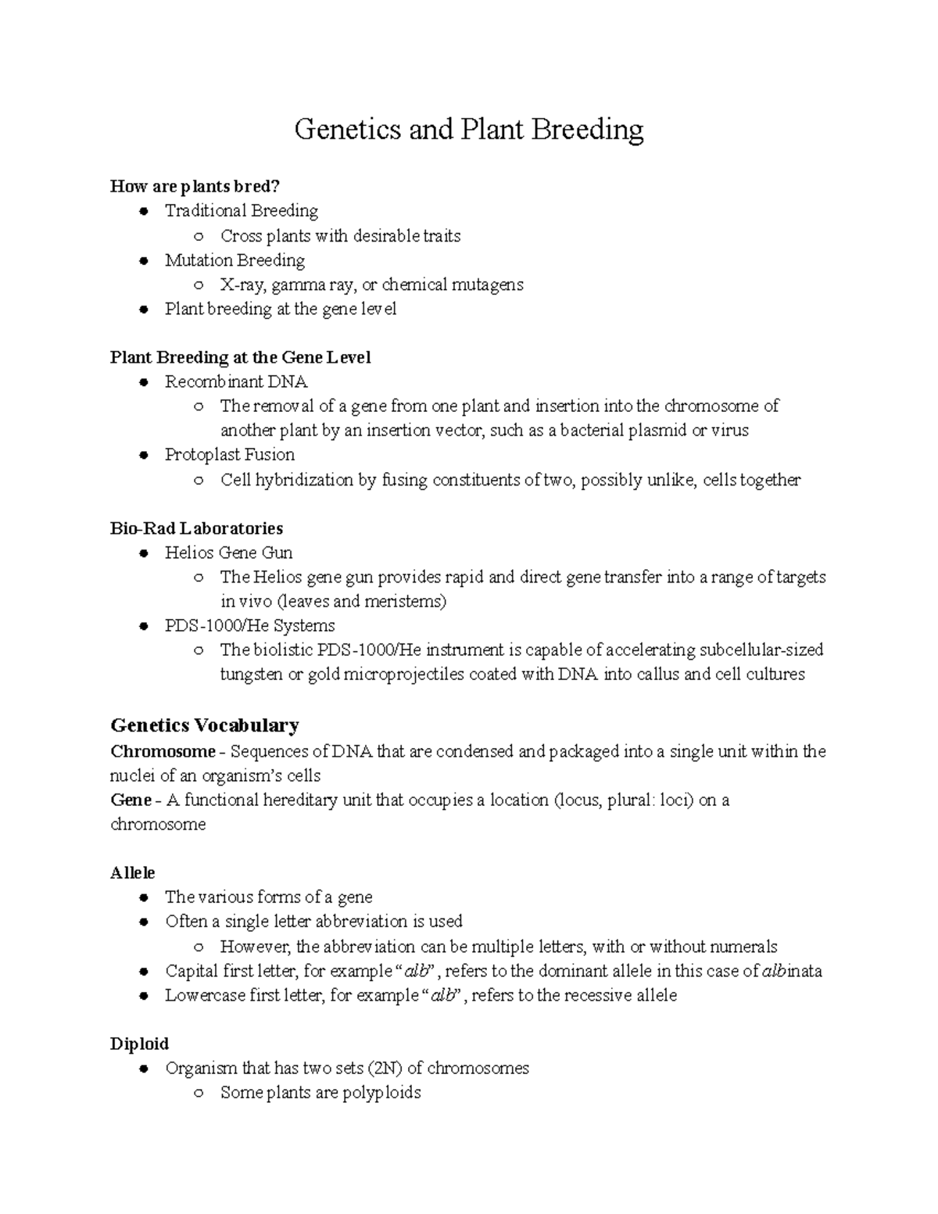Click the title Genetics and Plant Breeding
468,130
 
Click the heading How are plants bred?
195,186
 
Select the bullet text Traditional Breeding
241,211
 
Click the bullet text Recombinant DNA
236,381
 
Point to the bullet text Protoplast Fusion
229,455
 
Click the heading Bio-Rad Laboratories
196,528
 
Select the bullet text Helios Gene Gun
228,553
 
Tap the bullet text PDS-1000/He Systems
249,626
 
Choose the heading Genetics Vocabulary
204,725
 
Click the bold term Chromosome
163,752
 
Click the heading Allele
133,873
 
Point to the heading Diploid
139,1044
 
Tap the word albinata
791,972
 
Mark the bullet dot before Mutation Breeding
143,261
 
